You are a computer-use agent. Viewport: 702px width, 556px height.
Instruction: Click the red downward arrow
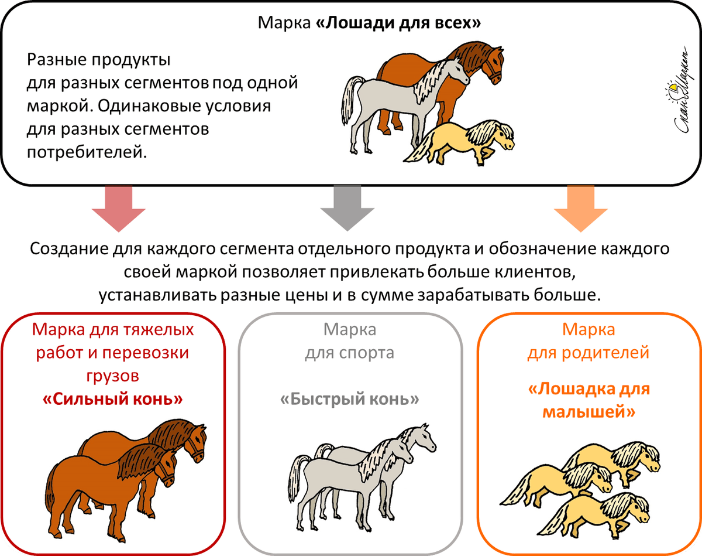119,207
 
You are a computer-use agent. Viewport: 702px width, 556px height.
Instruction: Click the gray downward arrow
347,207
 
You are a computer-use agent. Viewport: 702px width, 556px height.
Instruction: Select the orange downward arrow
580,207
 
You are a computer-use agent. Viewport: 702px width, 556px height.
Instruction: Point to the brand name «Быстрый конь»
350,400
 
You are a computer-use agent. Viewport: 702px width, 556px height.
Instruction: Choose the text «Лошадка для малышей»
589,400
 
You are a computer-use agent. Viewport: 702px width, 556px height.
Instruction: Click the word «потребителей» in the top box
85,152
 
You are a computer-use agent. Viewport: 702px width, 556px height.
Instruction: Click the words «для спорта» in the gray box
349,353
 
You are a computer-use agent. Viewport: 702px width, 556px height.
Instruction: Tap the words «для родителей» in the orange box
589,353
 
